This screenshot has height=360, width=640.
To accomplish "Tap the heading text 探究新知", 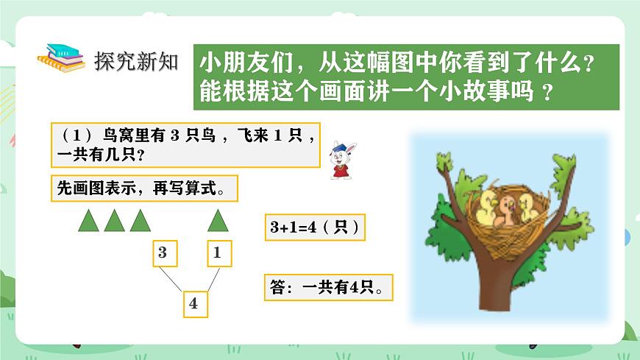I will (137, 61).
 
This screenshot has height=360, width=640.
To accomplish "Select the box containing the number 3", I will (163, 253).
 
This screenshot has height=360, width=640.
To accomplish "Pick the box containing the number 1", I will (218, 253).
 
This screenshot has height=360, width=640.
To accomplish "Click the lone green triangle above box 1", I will (217, 221).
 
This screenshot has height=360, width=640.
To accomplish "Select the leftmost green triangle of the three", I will (89, 221).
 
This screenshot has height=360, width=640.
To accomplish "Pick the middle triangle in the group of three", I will (114, 221).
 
